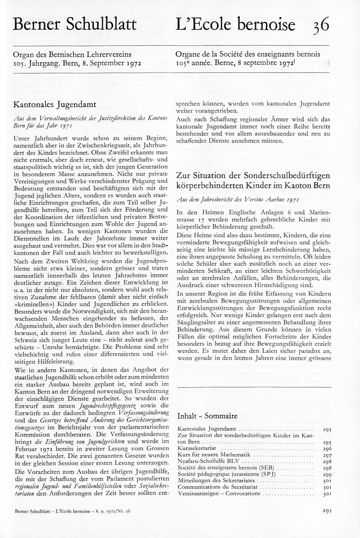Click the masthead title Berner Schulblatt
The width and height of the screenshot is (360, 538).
(74, 24)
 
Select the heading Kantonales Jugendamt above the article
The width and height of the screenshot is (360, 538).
(54, 104)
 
